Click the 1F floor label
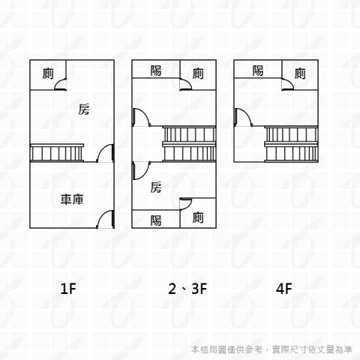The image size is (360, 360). [68, 288]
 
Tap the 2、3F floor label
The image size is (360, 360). [187, 288]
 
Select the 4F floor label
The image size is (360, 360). [283, 288]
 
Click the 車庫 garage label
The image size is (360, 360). [72, 199]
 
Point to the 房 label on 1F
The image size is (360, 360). [84, 109]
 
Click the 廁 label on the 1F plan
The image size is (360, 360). [48, 73]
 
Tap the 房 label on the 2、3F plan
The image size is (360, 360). [156, 187]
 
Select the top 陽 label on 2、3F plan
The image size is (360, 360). [156, 70]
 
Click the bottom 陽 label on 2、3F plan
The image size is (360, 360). [156, 220]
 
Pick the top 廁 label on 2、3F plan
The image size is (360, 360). [198, 73]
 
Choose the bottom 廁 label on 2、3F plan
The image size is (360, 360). [198, 217]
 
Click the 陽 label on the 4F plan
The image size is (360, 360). [258, 70]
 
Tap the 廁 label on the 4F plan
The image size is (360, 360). [300, 73]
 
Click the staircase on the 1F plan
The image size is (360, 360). [57, 153]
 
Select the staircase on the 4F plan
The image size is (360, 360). [291, 144]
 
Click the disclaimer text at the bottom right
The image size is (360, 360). [271, 349]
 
